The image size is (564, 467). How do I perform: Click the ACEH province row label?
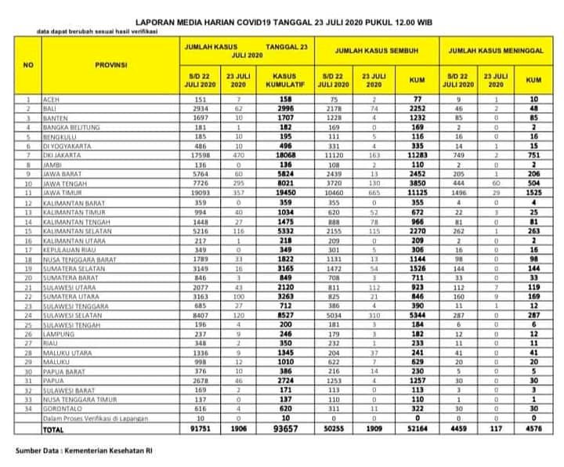tap(46, 100)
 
